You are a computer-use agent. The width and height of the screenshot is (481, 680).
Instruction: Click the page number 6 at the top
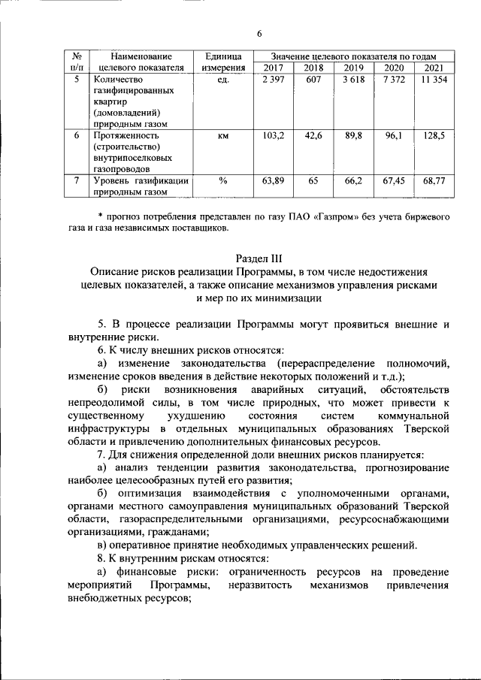click(259, 33)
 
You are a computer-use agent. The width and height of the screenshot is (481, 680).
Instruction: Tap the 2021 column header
click(434, 68)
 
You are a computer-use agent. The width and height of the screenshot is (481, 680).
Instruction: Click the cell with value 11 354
click(434, 80)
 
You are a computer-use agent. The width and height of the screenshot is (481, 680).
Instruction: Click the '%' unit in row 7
click(222, 181)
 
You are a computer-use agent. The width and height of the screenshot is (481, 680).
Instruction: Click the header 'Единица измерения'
click(222, 62)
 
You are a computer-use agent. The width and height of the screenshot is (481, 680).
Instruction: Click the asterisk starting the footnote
click(100, 216)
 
